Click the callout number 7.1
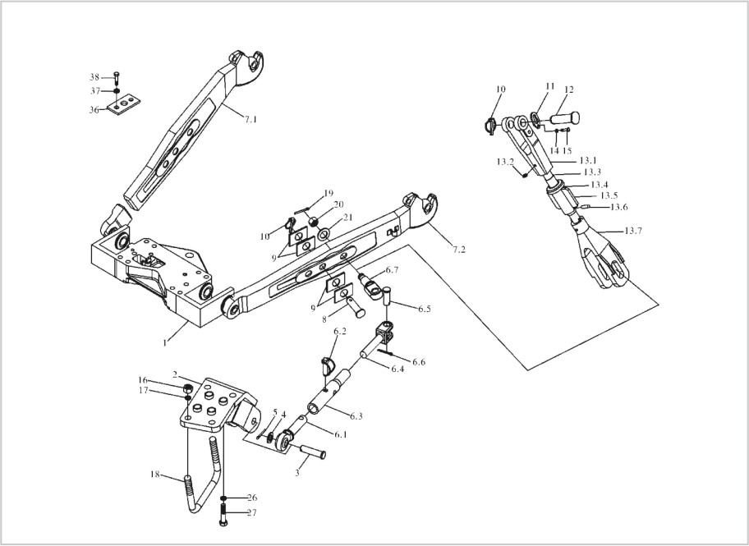[250, 120]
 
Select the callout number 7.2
[458, 250]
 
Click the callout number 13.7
[633, 231]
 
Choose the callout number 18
[154, 475]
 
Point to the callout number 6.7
[392, 270]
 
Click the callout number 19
[328, 194]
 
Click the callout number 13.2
[504, 162]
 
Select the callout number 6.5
[424, 309]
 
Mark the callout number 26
[251, 498]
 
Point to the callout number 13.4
[600, 185]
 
